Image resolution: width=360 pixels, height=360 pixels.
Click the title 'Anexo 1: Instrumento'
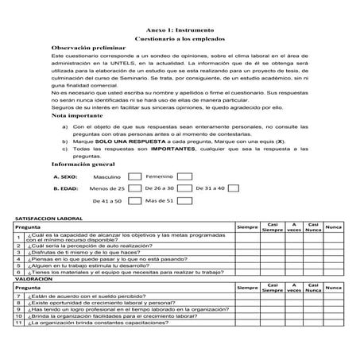pos(180,28)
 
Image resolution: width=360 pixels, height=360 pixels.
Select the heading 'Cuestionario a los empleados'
pos(180,38)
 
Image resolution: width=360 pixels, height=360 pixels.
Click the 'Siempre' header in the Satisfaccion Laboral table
pos(248,227)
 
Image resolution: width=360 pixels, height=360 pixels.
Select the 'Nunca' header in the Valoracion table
pos(334,288)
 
